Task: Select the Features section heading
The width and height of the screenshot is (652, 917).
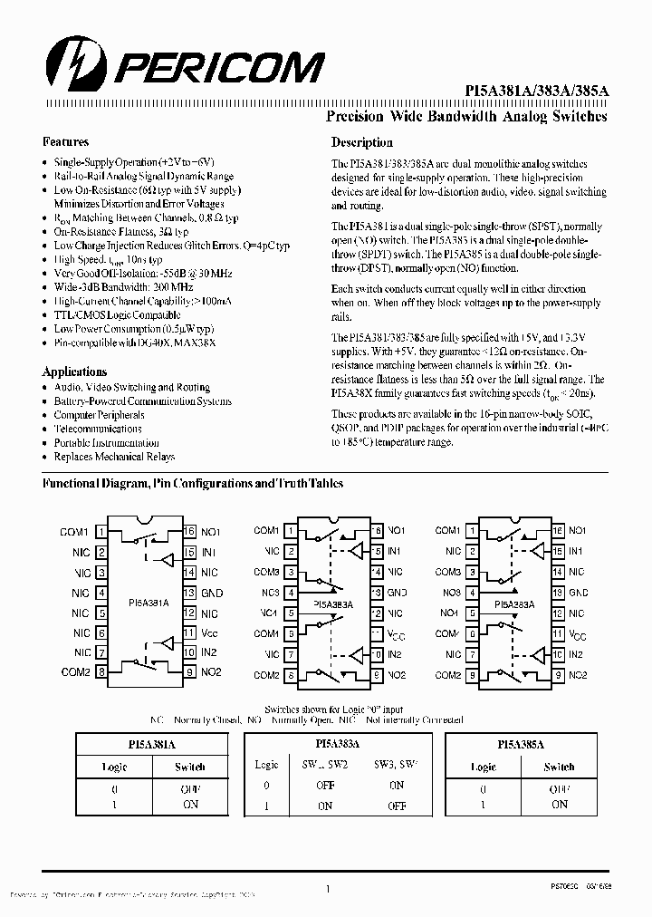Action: [65, 142]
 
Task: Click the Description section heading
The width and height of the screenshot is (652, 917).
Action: [361, 142]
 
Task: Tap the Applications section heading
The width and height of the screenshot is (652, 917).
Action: [74, 372]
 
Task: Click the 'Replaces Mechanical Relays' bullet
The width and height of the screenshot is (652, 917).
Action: [114, 458]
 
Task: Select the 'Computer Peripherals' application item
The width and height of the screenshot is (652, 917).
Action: [99, 415]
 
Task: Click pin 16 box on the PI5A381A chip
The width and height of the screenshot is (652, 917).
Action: [189, 532]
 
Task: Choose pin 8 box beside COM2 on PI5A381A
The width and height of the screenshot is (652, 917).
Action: [101, 672]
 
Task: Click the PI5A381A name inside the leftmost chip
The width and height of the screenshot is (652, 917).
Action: [146, 602]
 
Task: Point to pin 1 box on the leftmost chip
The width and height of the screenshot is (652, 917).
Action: [101, 532]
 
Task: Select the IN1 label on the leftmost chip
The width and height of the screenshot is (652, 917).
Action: [208, 552]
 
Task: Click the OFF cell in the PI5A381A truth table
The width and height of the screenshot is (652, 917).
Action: [190, 788]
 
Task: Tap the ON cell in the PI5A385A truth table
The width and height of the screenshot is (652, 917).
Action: [559, 804]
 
